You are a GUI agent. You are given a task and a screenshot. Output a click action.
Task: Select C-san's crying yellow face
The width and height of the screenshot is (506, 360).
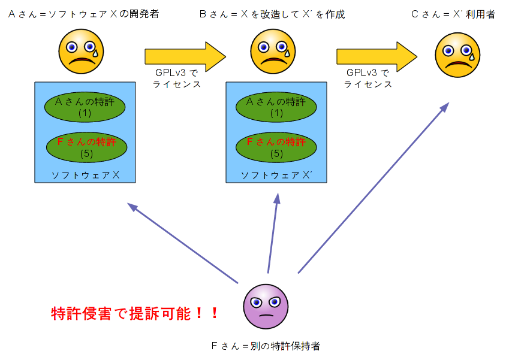[457, 55]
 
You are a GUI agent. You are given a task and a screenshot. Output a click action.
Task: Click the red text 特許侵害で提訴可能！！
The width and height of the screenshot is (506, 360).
[135, 313]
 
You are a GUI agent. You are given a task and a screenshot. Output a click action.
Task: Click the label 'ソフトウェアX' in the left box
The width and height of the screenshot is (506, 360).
[86, 175]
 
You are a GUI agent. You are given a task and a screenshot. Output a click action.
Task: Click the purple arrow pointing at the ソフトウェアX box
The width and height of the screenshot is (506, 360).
[183, 243]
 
